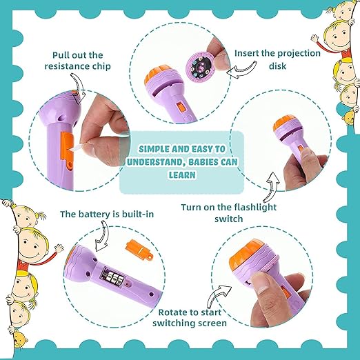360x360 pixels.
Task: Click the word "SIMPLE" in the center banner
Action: pos(158,150)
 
